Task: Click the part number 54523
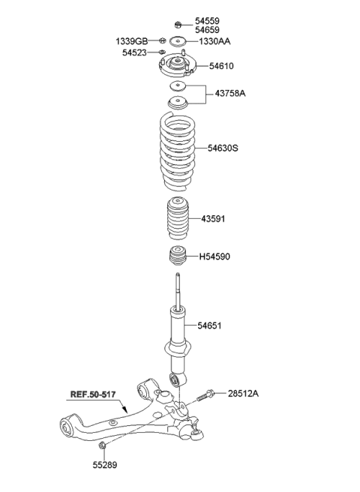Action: [x=138, y=52]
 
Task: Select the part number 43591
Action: [x=213, y=219]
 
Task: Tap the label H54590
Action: [x=215, y=256]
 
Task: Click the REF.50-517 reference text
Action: [x=93, y=393]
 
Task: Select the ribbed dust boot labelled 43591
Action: [x=178, y=220]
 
